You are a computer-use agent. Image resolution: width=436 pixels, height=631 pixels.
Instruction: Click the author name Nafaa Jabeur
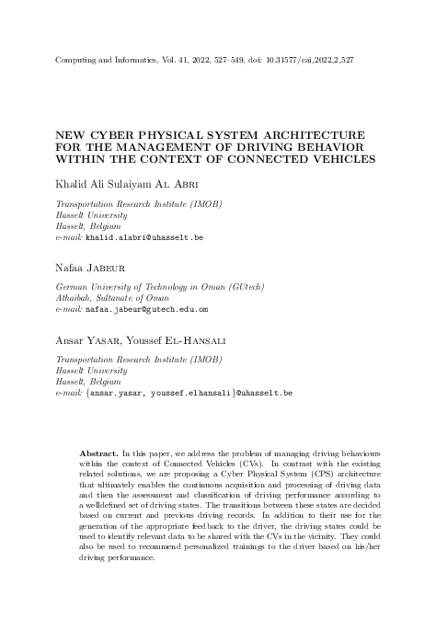tap(90, 270)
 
